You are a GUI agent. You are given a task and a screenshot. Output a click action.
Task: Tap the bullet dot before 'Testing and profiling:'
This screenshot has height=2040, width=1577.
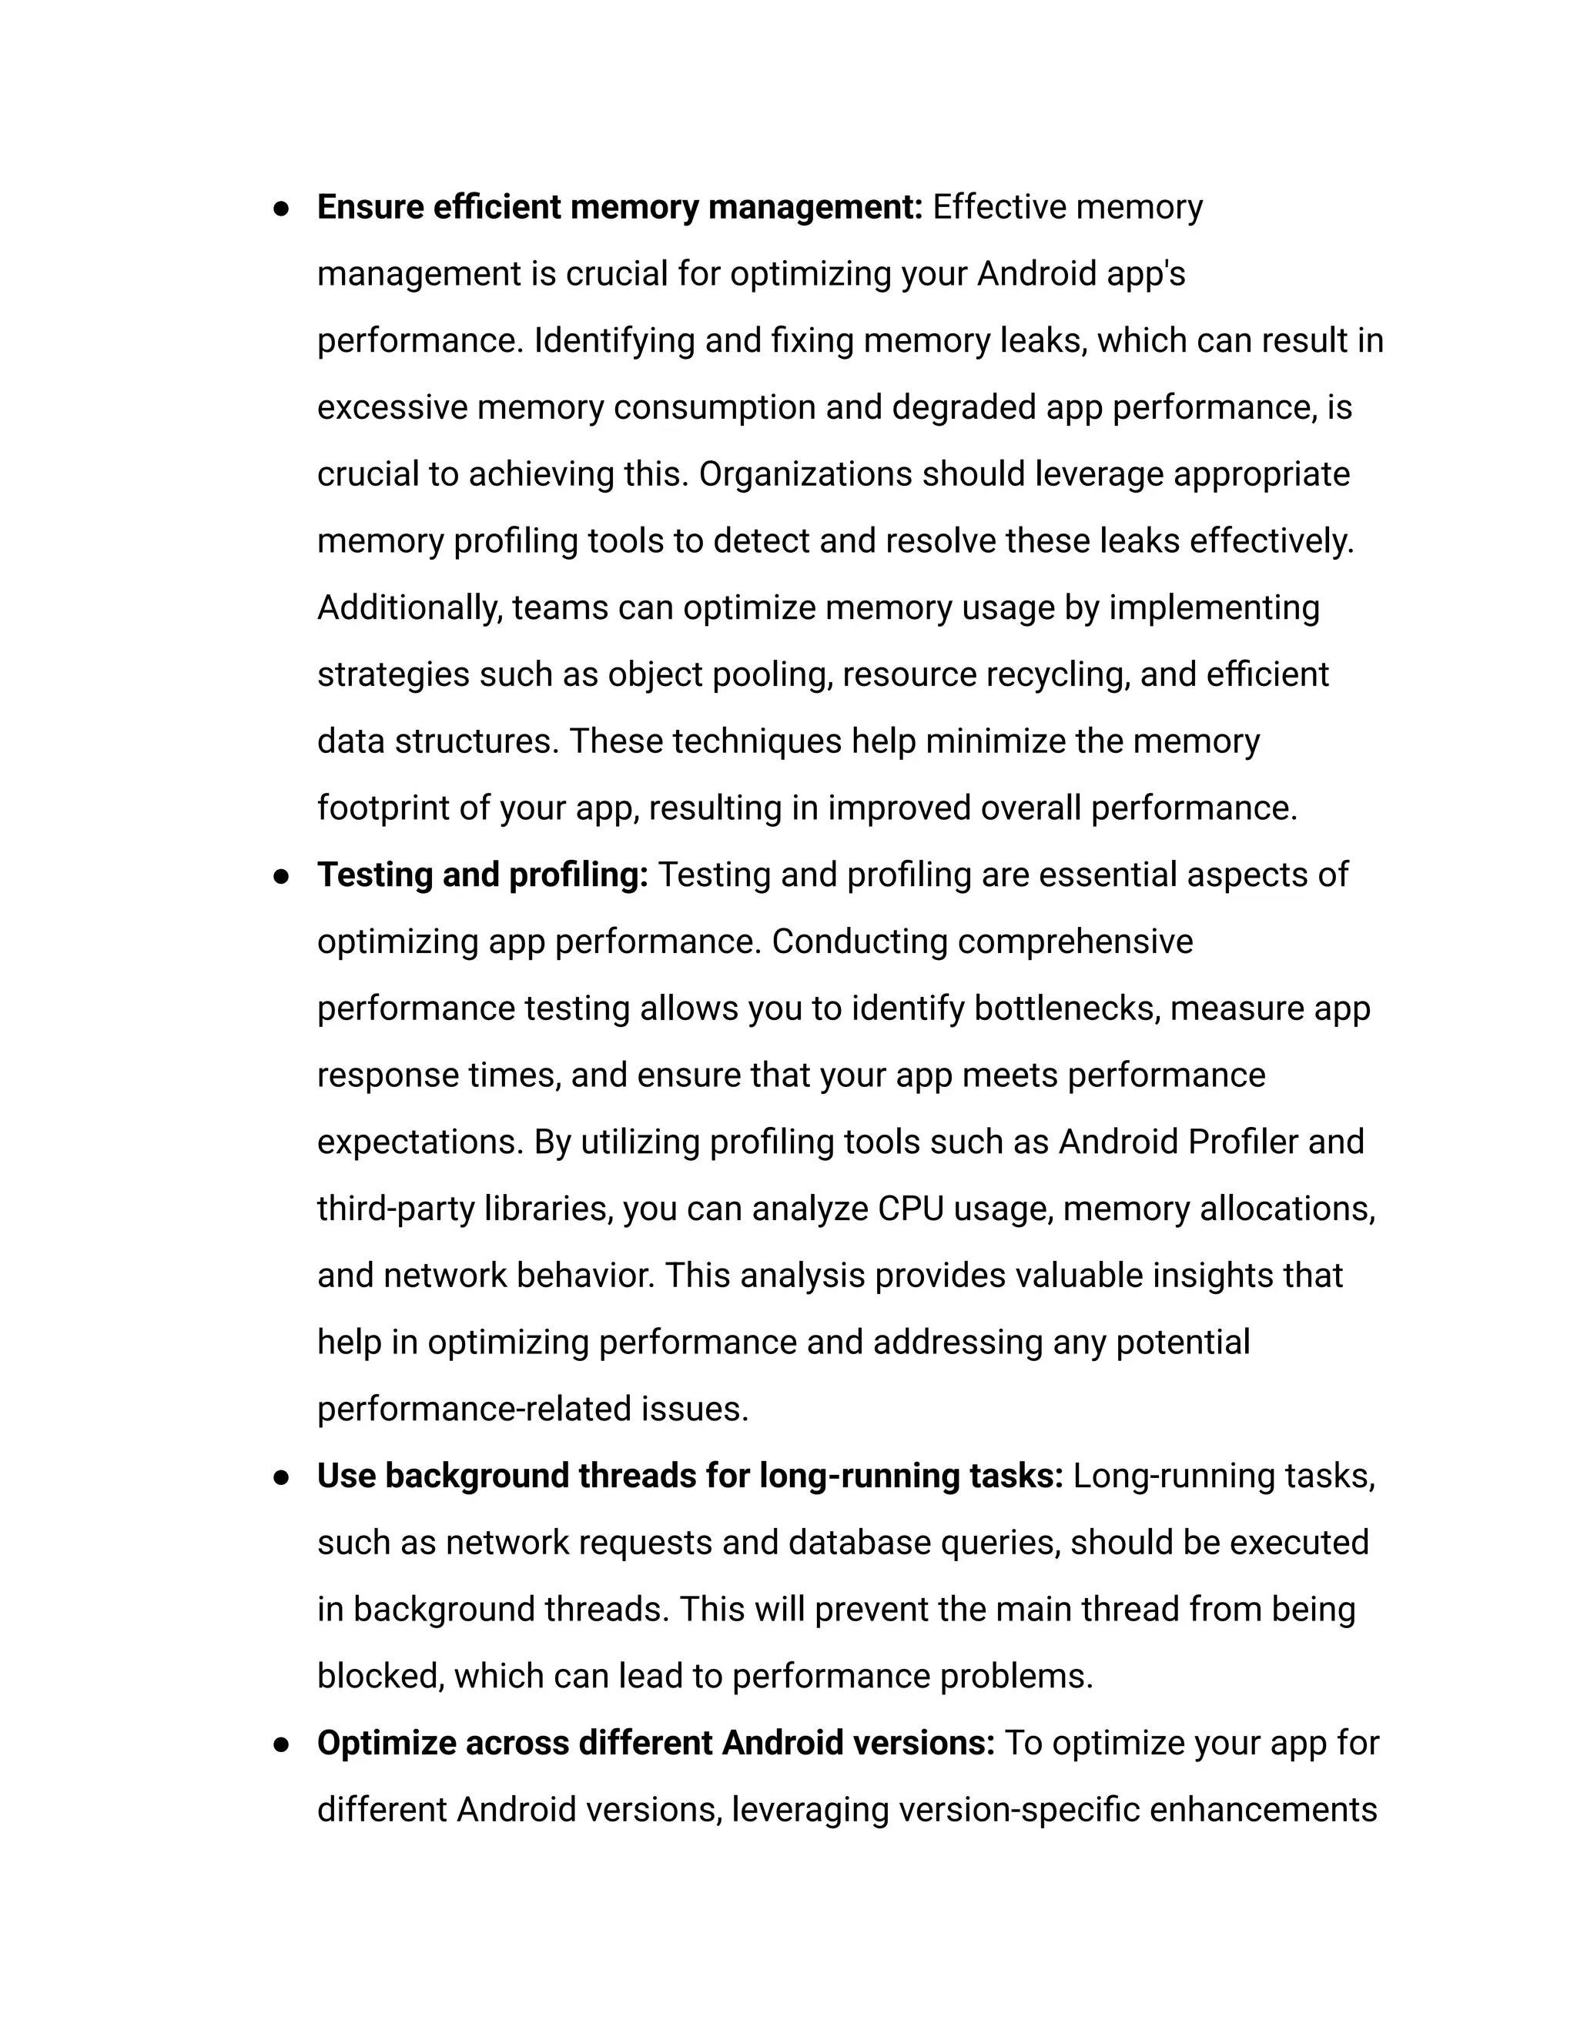pos(280,877)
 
